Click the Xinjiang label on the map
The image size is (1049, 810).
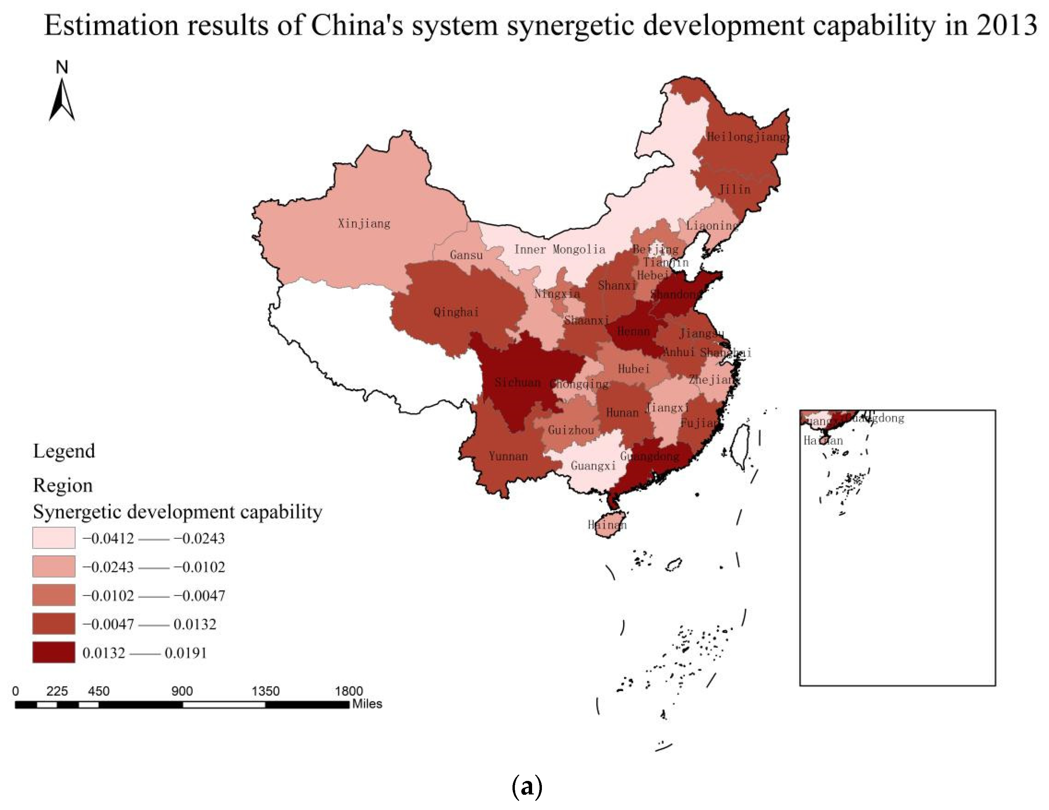[x=364, y=223]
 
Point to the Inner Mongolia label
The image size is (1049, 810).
[x=559, y=249]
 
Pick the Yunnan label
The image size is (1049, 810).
[x=508, y=456]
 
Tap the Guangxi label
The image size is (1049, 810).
[x=593, y=466]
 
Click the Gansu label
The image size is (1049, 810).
[x=466, y=255]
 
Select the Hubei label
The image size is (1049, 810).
[x=634, y=369]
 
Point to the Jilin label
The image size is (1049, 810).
[x=734, y=189]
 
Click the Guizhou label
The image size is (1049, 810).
[x=571, y=430]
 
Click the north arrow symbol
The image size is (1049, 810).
[x=62, y=98]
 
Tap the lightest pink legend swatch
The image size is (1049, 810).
[x=54, y=538]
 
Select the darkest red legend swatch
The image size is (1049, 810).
[x=54, y=652]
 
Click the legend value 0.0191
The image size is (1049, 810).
[x=185, y=653]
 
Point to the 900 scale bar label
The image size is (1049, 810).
[x=182, y=691]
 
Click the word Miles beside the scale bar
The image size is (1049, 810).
[x=367, y=704]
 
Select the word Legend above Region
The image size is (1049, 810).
[x=64, y=451]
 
